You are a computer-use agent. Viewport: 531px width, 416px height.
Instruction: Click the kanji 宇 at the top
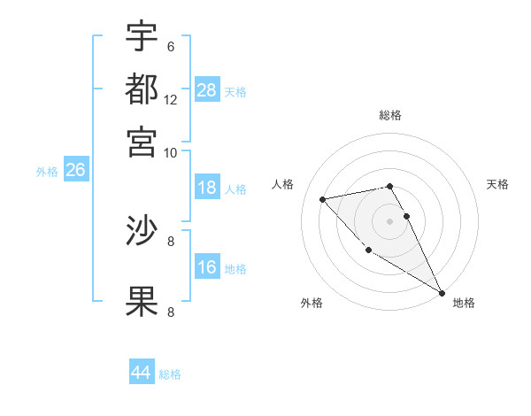[142, 37]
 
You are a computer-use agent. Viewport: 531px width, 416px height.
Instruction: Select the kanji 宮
[142, 142]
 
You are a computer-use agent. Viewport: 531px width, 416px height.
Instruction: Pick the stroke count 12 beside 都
[171, 100]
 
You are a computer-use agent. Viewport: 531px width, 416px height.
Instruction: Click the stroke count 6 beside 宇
[170, 47]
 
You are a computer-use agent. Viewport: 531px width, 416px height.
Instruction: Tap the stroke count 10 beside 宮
[171, 152]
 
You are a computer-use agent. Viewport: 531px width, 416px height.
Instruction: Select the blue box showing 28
[207, 90]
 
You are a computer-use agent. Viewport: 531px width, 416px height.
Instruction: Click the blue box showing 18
[207, 188]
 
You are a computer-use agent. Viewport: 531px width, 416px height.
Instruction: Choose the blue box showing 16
[207, 267]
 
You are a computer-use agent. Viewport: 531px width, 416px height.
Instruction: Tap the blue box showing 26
[75, 170]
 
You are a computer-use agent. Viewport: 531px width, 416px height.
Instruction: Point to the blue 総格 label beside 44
[170, 375]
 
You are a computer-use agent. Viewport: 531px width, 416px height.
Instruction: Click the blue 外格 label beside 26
[46, 172]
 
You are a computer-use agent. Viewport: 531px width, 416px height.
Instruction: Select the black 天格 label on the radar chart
[497, 184]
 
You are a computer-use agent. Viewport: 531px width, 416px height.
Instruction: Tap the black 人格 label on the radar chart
[283, 184]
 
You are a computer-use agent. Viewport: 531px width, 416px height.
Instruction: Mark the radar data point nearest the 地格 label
[442, 292]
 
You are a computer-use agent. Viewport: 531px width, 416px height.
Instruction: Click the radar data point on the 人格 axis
[323, 199]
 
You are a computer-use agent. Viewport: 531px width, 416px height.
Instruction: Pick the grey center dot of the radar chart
[389, 220]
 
